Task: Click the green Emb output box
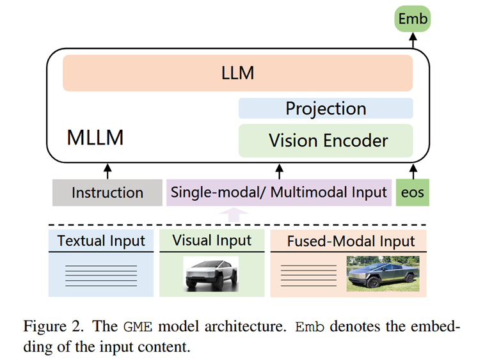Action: pos(413,19)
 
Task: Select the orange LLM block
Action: pos(237,73)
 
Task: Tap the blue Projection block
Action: pos(326,108)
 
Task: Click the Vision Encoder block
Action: pos(326,140)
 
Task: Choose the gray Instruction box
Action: pos(107,192)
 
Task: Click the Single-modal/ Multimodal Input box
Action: pos(278,192)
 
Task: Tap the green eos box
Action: pos(413,192)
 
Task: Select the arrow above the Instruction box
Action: pos(107,171)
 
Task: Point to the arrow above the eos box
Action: pos(413,171)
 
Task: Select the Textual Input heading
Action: pos(101,241)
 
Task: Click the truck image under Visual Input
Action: pos(211,274)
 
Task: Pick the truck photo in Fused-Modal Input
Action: pos(381,274)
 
